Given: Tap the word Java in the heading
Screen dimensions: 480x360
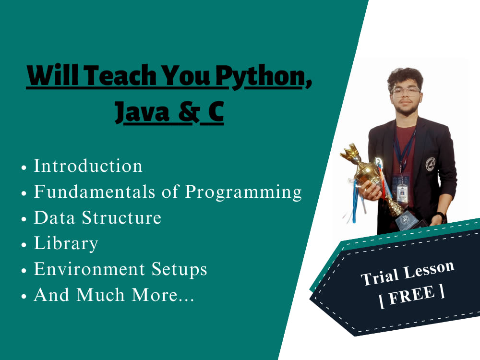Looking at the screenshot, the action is (142, 112).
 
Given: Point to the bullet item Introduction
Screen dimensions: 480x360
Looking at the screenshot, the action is (88, 166).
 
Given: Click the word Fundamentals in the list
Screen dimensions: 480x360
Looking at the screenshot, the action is (94, 192).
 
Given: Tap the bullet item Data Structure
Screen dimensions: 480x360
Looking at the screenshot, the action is (97, 217).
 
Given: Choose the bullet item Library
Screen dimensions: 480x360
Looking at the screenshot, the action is (66, 244).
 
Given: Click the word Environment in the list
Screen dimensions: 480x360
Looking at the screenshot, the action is (89, 269).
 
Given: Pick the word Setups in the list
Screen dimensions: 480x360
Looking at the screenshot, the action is (180, 270).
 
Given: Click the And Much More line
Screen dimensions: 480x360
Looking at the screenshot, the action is (114, 295).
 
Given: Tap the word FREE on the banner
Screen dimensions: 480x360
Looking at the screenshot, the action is (412, 295).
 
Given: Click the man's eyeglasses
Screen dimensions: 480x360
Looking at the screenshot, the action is (406, 92).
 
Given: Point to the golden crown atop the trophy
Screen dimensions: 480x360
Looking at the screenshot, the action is (350, 153).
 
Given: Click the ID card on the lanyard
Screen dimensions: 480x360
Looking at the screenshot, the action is (402, 192).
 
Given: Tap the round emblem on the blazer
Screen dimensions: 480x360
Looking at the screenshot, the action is (431, 164).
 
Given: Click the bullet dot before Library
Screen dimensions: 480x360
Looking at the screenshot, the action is (24, 245).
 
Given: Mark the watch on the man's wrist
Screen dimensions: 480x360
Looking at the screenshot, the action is (440, 216).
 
